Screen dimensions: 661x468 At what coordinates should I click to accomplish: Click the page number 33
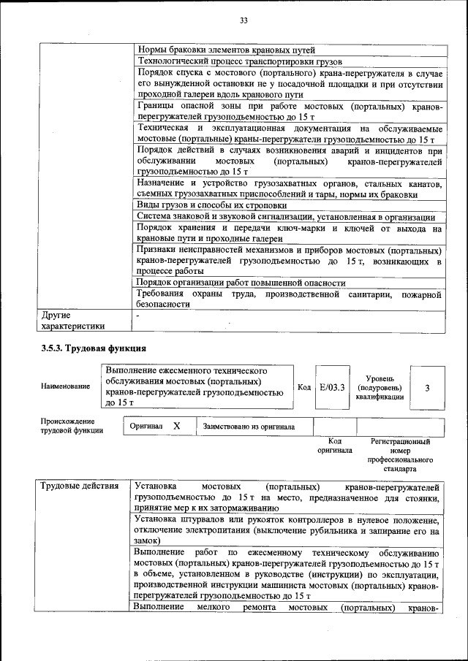[244, 20]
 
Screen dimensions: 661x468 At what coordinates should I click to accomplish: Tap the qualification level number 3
[427, 386]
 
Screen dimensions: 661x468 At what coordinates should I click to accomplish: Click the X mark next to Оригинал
[176, 426]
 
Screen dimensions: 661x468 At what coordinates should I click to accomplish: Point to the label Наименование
[66, 386]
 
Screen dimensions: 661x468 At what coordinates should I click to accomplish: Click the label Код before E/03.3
[305, 386]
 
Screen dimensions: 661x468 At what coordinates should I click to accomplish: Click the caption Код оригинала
[334, 446]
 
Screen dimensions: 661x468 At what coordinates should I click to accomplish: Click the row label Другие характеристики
[72, 321]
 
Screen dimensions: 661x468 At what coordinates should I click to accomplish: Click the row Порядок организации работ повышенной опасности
[241, 282]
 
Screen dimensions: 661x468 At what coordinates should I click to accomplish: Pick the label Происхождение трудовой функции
[72, 426]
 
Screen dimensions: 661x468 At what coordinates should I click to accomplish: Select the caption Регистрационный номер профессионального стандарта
[400, 455]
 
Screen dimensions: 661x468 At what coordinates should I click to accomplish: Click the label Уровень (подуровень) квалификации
[379, 387]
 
